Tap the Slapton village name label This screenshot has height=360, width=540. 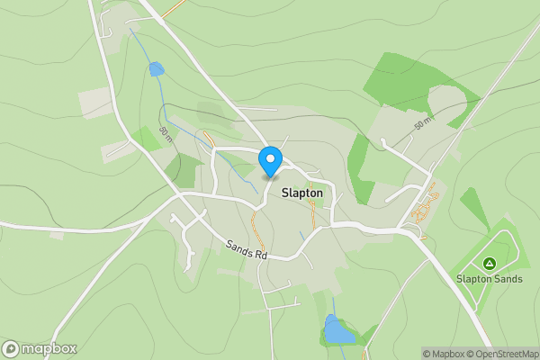pyautogui.click(x=307, y=193)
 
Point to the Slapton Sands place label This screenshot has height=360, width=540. pyautogui.click(x=489, y=279)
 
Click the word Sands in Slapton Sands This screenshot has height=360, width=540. pyautogui.click(x=507, y=279)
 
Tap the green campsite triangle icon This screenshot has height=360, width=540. pyautogui.click(x=489, y=264)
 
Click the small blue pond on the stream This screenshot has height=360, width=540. pyautogui.click(x=157, y=69)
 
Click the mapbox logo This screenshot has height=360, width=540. pyautogui.click(x=40, y=348)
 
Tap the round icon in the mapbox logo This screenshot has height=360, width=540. pyautogui.click(x=11, y=348)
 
